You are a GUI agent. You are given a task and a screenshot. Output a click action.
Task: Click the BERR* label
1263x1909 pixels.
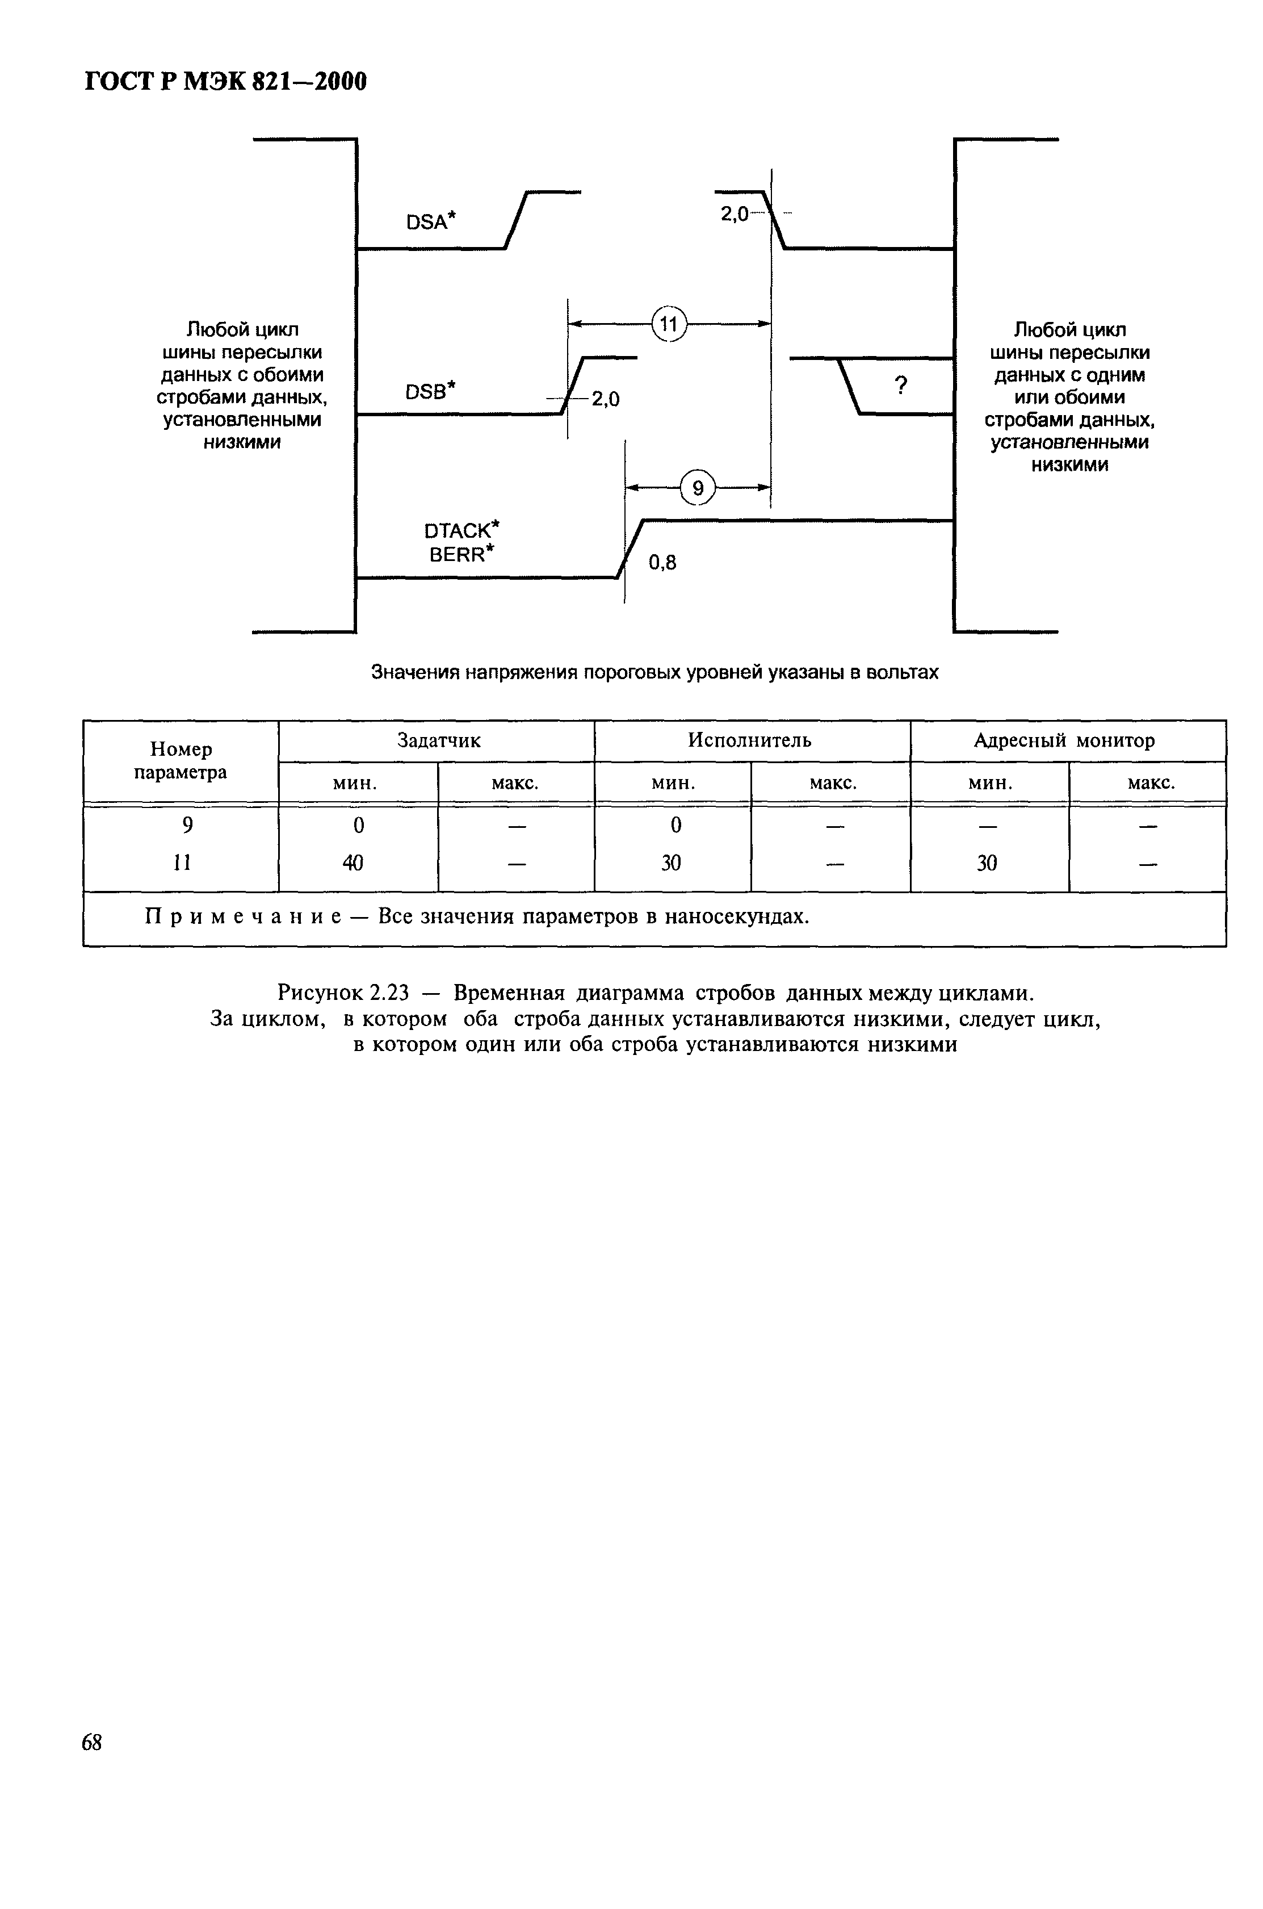461,554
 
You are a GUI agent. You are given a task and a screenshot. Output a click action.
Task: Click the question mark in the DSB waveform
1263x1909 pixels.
901,386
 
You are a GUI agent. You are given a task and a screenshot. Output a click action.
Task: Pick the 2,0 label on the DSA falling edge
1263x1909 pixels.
734,213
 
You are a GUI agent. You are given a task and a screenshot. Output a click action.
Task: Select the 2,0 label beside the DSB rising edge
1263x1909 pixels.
606,399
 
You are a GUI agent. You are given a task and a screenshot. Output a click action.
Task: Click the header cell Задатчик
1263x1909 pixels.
439,740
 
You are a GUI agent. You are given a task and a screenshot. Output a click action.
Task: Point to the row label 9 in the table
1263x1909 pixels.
187,826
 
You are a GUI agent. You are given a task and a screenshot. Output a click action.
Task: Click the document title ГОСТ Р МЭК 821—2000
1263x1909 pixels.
225,81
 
